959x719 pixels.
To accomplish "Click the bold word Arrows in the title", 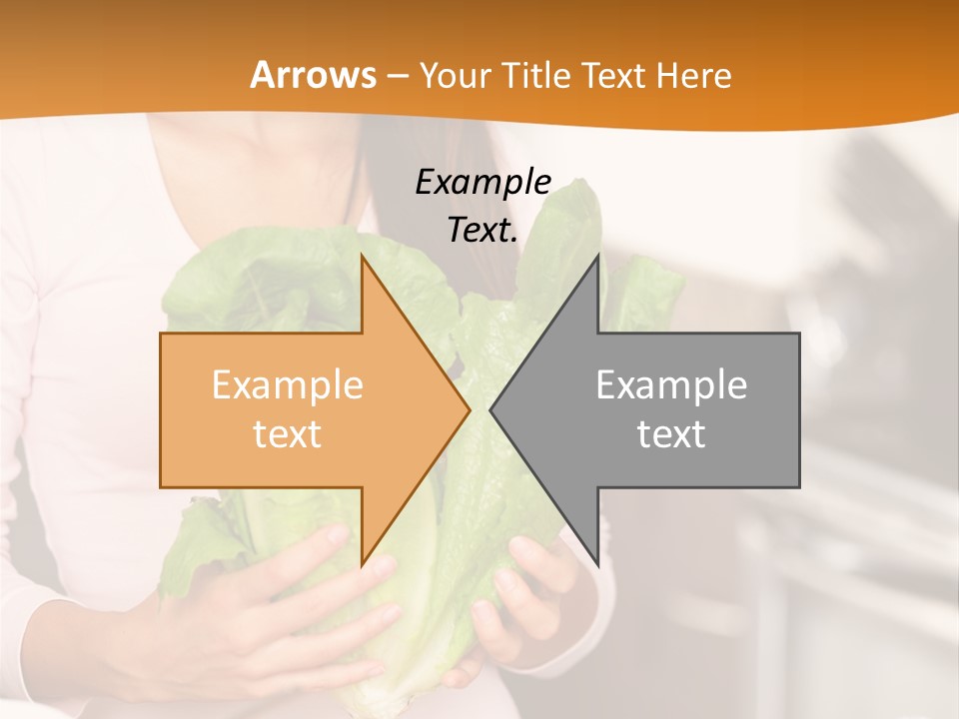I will pyautogui.click(x=313, y=75).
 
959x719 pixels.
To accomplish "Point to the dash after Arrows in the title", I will pyautogui.click(x=397, y=77).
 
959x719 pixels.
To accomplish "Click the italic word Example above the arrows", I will pyautogui.click(x=482, y=183).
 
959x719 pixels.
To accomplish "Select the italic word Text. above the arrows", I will pyautogui.click(x=482, y=230).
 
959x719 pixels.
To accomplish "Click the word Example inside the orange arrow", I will pyautogui.click(x=288, y=384).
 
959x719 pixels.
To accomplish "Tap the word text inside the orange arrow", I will pyautogui.click(x=288, y=434).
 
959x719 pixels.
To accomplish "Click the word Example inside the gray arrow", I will pyautogui.click(x=671, y=384).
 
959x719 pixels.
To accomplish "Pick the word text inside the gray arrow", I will pyautogui.click(x=671, y=434).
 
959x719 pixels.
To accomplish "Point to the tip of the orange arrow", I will pyautogui.click(x=469, y=409).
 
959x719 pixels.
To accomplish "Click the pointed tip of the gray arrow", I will pyautogui.click(x=490, y=409).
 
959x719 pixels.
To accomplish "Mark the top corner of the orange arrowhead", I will pyautogui.click(x=362, y=256).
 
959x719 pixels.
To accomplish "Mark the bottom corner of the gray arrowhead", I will pyautogui.click(x=598, y=566).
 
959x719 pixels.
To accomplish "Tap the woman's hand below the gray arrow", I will pyautogui.click(x=529, y=599).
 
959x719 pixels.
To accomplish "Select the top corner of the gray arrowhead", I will pyautogui.click(x=598, y=255).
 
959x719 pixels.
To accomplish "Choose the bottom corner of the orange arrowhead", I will pyautogui.click(x=362, y=565).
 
